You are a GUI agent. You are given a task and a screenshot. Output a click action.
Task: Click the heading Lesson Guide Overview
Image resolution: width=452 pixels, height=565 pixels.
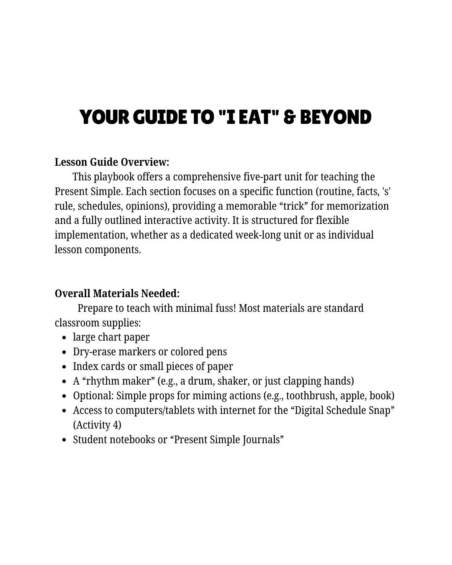click(112, 162)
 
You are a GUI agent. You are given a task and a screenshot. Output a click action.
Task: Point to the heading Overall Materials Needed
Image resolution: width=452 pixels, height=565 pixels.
click(117, 293)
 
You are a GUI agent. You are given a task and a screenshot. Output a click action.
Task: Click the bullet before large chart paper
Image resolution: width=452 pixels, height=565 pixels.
click(64, 337)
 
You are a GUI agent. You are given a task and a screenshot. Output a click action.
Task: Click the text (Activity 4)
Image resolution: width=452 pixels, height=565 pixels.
click(97, 425)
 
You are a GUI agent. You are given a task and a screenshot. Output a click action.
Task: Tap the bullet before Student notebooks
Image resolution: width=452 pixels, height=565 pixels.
click(64, 440)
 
